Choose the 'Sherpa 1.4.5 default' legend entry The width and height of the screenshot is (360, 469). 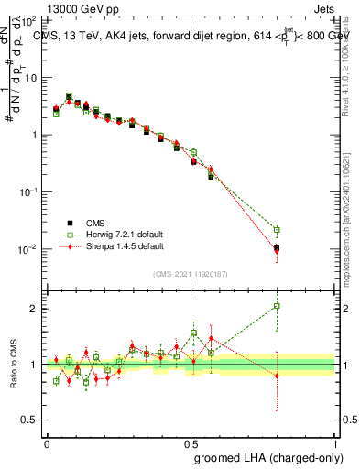[x=115, y=245]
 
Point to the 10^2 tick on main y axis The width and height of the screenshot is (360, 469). [x=29, y=20]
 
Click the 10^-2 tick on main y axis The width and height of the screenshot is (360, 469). [x=29, y=249]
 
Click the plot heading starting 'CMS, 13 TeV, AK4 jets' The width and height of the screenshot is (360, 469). [x=194, y=36]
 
